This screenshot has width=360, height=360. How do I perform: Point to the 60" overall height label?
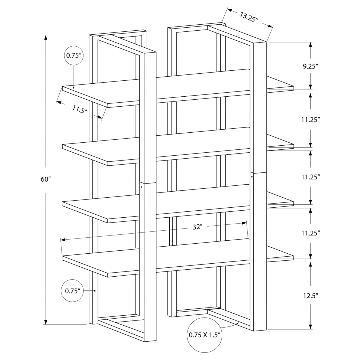[x=46, y=179]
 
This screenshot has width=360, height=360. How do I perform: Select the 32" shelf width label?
[x=197, y=227]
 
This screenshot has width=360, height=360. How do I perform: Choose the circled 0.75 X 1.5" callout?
[x=205, y=335]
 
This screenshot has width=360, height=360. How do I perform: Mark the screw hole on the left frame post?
[x=141, y=187]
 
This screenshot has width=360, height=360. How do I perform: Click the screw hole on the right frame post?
[x=252, y=176]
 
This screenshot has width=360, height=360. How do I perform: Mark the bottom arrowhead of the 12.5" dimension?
[x=311, y=327]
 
